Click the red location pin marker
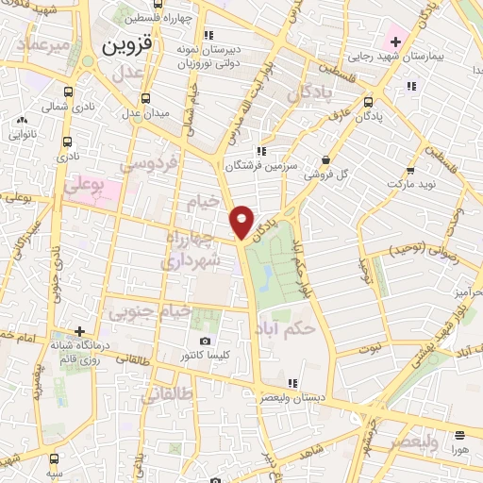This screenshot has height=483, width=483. point(242,221)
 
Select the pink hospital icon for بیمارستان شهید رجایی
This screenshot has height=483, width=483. point(394,42)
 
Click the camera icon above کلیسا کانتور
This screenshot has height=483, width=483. point(205,341)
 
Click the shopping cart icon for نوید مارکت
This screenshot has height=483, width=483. point(410,172)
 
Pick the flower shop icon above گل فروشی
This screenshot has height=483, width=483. point(325,160)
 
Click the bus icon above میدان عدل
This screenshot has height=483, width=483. point(145,97)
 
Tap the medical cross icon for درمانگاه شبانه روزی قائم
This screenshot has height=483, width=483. point(81,331)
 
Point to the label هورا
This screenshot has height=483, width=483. point(459,452)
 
